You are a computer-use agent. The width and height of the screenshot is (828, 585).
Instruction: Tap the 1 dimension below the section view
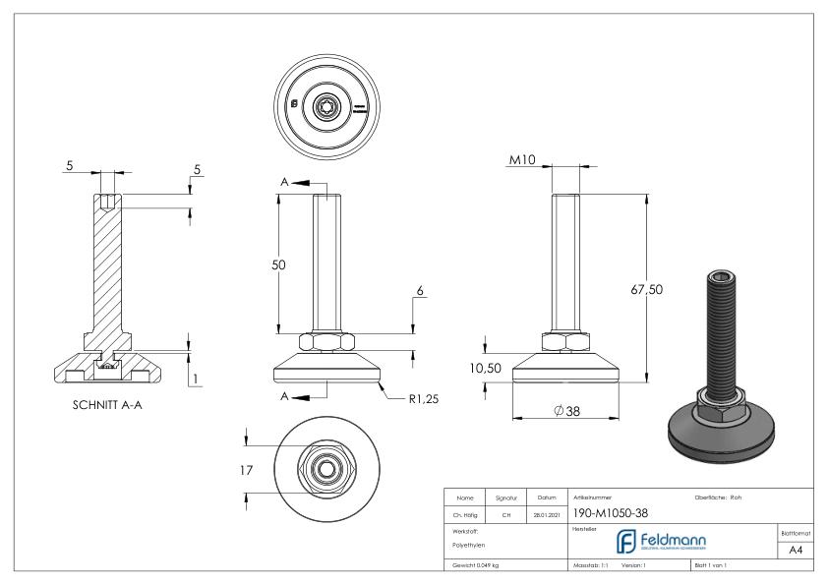198,378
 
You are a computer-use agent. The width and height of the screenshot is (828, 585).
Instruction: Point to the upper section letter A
284,182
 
